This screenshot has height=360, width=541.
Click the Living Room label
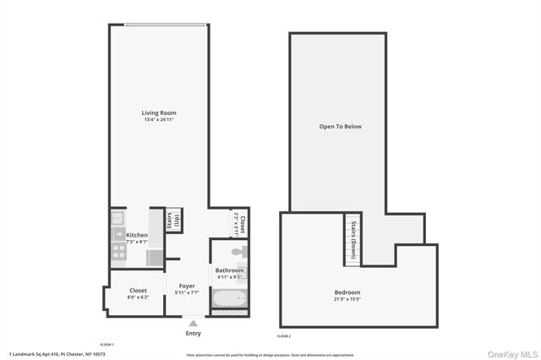[x=159, y=112]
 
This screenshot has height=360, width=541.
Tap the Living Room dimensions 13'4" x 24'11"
[x=159, y=120]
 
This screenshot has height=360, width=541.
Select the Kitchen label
[x=137, y=235]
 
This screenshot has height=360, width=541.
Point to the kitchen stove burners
[x=117, y=250]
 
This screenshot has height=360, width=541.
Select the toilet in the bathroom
[x=238, y=252]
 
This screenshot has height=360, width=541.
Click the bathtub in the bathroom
[x=228, y=297]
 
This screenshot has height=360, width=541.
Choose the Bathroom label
[x=229, y=270]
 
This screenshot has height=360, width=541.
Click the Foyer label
[x=187, y=286]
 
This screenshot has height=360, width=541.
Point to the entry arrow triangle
[x=194, y=322]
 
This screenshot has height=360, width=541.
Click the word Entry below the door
[x=194, y=333]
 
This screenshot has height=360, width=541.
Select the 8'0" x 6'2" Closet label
[x=138, y=290]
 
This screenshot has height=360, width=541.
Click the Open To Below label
[x=340, y=127]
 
